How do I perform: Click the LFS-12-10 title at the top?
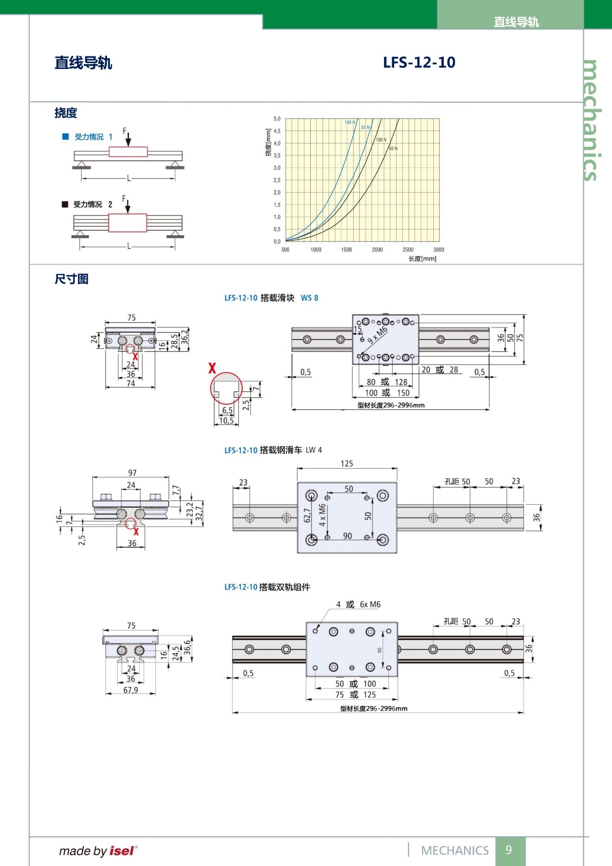coord(419,63)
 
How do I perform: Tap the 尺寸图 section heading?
coord(71,279)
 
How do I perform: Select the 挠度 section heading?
coord(66,113)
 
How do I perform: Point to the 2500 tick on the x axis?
coord(408,249)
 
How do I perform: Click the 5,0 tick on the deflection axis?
coord(277,118)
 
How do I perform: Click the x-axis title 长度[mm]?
coord(423,259)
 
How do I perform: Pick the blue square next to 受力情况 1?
coord(66,137)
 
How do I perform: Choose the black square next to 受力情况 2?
coord(65,204)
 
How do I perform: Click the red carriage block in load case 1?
coord(128,152)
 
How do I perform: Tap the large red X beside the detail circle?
coord(212,368)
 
